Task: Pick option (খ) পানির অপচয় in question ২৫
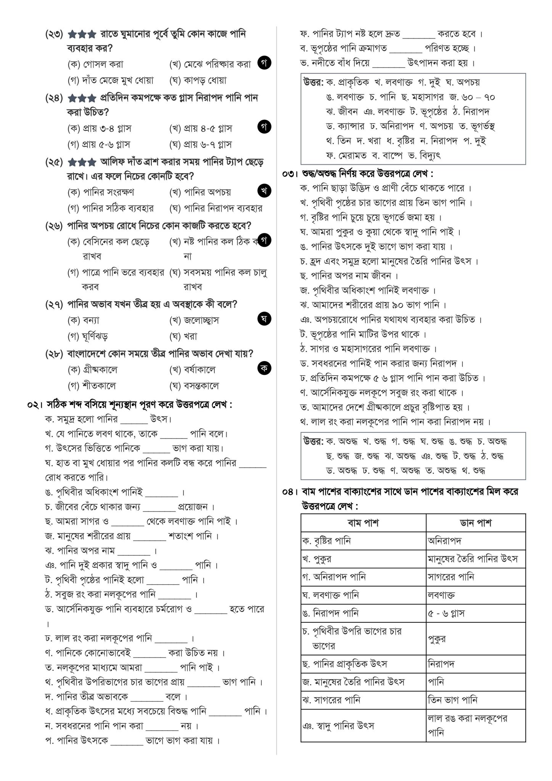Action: [x=200, y=193]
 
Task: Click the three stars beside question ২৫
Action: [x=82, y=162]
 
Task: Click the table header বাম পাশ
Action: [x=363, y=523]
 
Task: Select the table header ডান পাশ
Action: [x=475, y=523]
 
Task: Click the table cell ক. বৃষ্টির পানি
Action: [x=326, y=541]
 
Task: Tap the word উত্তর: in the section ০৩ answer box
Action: [x=314, y=442]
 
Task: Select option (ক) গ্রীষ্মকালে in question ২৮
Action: [x=92, y=370]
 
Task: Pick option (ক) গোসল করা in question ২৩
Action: [x=95, y=64]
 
